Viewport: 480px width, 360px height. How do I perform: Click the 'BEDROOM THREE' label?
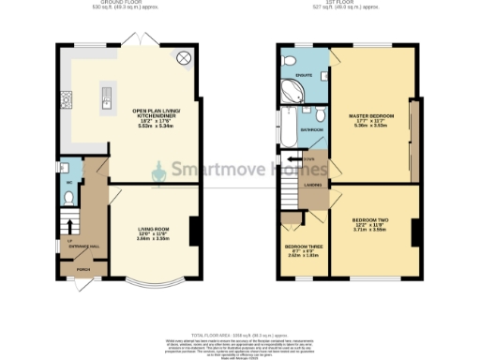tap(303, 247)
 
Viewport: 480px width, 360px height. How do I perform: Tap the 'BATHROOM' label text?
tap(311, 130)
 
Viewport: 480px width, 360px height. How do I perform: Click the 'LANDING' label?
tap(313, 185)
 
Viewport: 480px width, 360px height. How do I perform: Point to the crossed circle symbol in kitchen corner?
tap(184, 59)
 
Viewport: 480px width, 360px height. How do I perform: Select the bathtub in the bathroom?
tap(285, 128)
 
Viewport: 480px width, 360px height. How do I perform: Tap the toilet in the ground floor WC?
tap(69, 197)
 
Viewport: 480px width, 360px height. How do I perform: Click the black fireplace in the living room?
tap(192, 230)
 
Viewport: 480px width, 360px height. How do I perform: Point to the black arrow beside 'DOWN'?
tap(293, 159)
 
